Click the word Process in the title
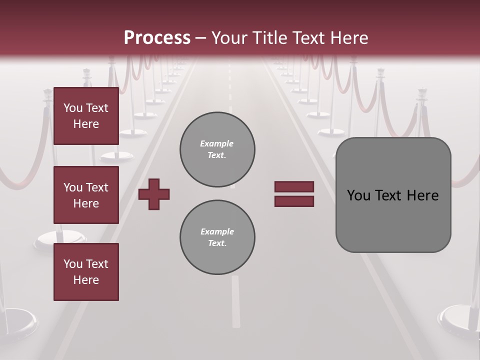pos(157,38)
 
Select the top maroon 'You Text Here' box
pos(86,116)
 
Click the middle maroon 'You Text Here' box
pos(86,195)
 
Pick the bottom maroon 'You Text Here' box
pos(86,272)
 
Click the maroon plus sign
pos(154,194)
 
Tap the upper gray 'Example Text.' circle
pos(217,149)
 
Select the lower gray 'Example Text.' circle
pos(217,237)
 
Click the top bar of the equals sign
pos(294,186)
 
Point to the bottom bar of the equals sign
pos(294,201)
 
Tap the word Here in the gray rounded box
pos(422,195)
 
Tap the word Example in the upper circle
pos(216,143)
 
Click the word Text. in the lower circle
pos(217,243)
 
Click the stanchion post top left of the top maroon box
pos(48,95)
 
